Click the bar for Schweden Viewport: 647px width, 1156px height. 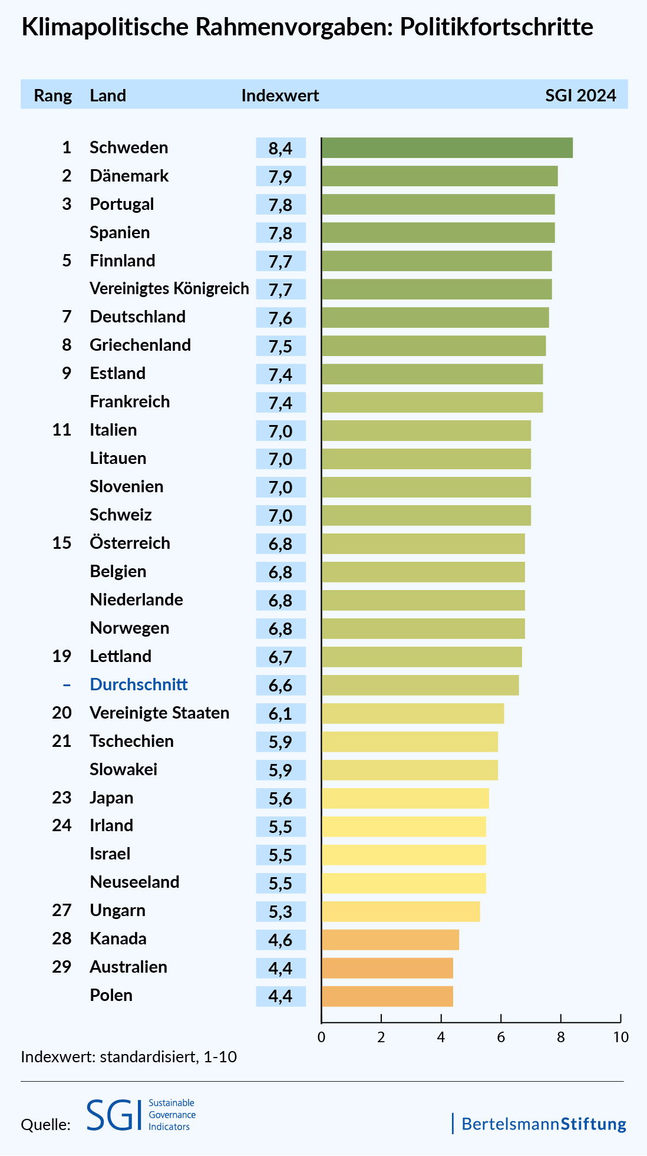447,147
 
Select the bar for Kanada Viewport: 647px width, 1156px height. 390,940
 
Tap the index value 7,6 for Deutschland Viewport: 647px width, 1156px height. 280,318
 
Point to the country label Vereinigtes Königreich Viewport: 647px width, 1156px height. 169,288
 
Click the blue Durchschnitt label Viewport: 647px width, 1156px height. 138,684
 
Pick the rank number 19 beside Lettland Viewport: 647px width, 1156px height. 62,656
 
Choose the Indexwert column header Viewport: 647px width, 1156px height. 280,95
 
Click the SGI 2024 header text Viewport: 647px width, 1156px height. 580,95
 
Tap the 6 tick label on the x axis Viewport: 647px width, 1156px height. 501,1037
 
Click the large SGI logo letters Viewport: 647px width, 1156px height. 114,1115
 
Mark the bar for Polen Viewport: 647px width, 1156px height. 387,996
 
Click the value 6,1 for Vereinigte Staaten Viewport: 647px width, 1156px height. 280,713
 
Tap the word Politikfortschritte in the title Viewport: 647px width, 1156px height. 497,28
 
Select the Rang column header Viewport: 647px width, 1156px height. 53,95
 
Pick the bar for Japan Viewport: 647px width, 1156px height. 405,798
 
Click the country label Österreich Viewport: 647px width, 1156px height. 130,543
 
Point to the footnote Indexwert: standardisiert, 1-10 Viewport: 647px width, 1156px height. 128,1056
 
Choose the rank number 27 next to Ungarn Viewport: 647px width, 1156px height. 62,910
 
